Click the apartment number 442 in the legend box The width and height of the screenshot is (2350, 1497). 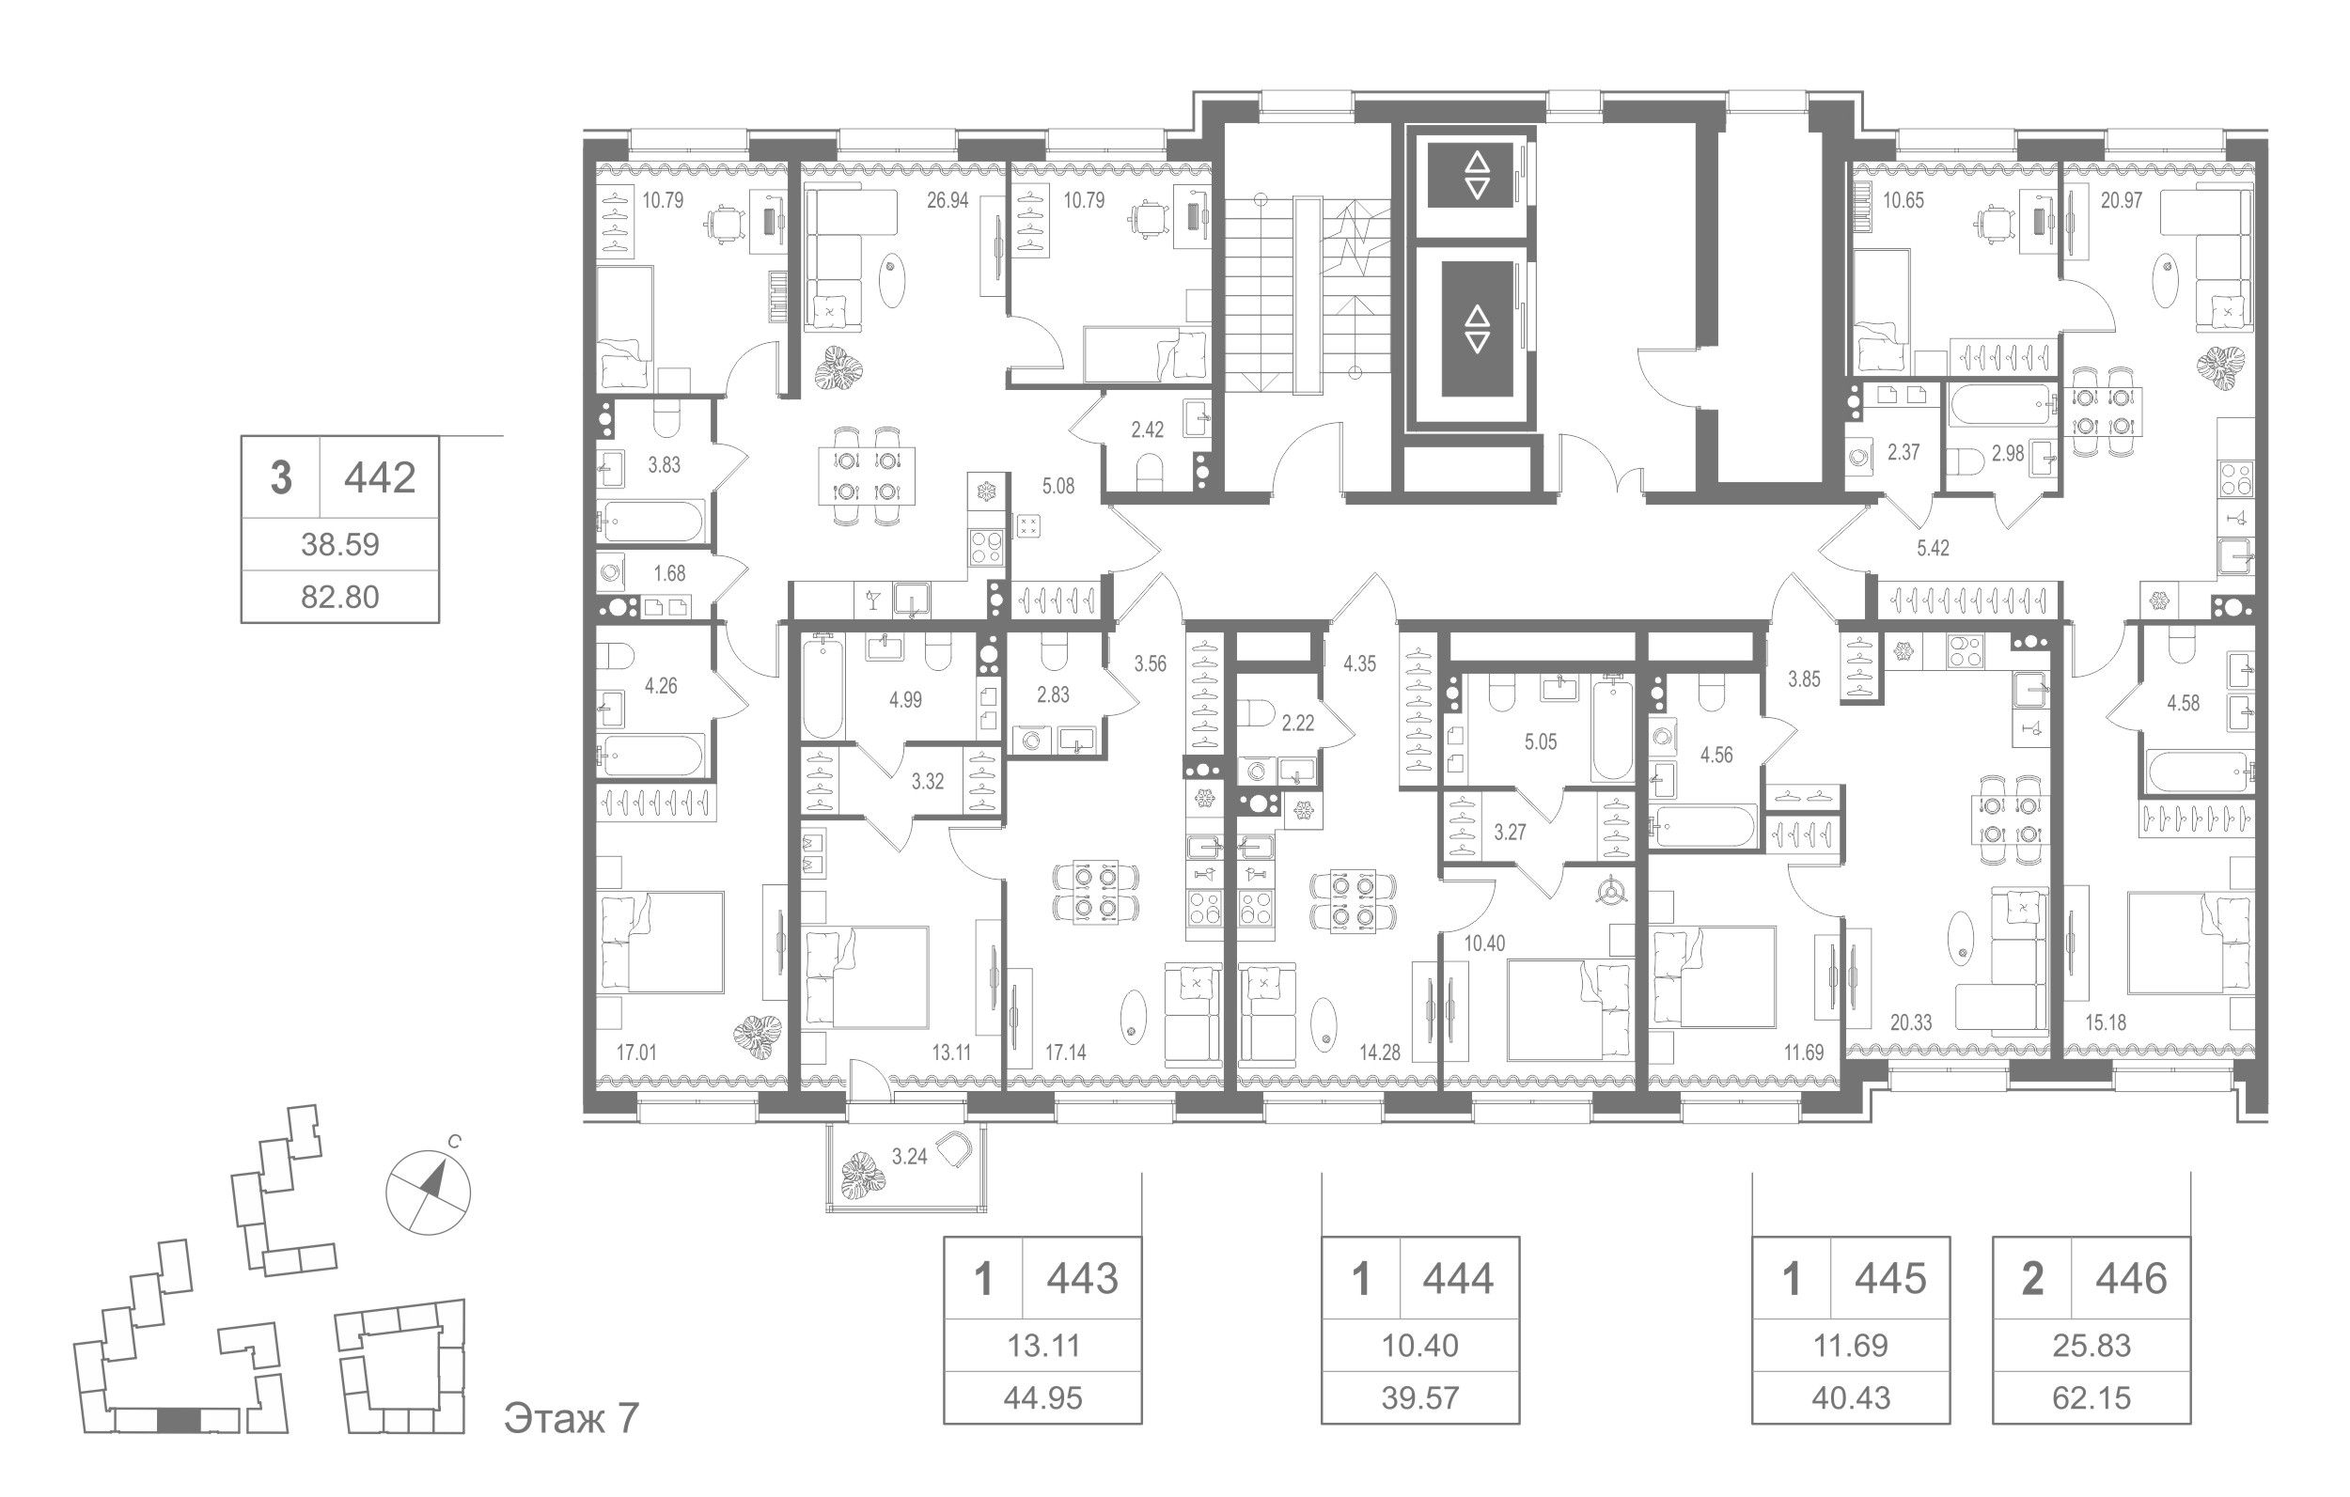(380, 478)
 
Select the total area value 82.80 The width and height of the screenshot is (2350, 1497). (339, 596)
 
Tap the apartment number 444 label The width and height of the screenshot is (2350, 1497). (1458, 1278)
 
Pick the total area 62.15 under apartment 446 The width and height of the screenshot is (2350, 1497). (2091, 1398)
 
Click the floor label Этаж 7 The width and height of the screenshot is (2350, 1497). (571, 1418)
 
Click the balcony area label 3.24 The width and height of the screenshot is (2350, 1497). (910, 1158)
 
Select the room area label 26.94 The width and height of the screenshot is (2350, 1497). (948, 201)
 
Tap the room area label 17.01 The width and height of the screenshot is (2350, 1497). (637, 1052)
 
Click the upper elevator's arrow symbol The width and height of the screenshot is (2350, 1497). (1477, 175)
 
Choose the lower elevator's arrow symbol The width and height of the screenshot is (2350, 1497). (1477, 329)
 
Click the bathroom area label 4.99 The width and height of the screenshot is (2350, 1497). (905, 700)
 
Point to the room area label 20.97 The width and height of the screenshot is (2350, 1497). (2122, 201)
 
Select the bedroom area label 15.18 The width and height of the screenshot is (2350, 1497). (2105, 1022)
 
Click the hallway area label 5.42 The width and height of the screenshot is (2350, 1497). (1933, 549)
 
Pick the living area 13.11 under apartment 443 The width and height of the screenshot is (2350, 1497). (1042, 1346)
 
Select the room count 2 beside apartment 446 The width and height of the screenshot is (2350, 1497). (2033, 1278)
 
